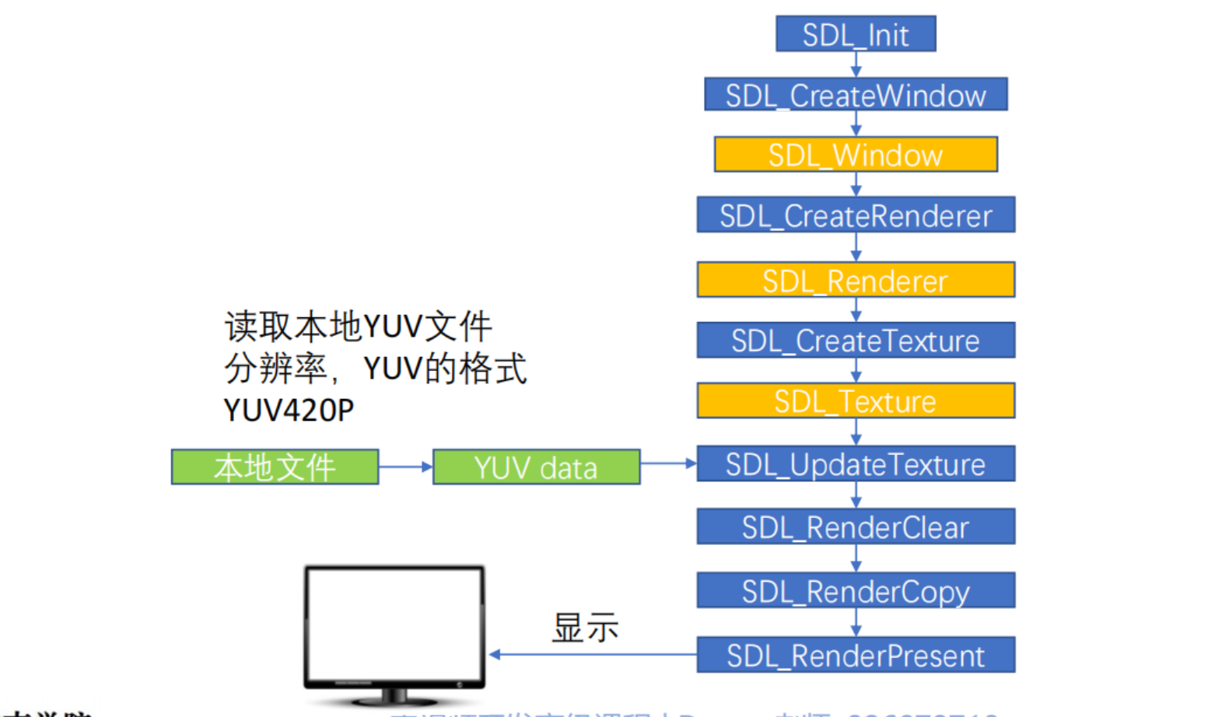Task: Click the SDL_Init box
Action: [856, 34]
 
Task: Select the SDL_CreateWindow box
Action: [856, 95]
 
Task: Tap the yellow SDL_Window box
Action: [856, 155]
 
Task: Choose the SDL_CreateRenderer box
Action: [856, 215]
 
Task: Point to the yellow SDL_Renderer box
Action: [856, 280]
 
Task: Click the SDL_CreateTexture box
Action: [856, 341]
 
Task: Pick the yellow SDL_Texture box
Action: [856, 400]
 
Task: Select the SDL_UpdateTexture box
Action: [856, 464]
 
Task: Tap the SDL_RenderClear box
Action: [856, 527]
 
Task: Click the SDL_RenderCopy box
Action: [856, 591]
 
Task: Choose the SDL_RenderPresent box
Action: [856, 655]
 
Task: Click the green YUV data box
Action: [536, 467]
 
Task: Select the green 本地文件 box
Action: [275, 467]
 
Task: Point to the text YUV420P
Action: [289, 410]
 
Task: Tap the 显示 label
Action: [585, 628]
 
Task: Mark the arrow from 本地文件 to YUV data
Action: [405, 467]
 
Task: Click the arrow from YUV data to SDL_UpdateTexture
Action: [668, 463]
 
